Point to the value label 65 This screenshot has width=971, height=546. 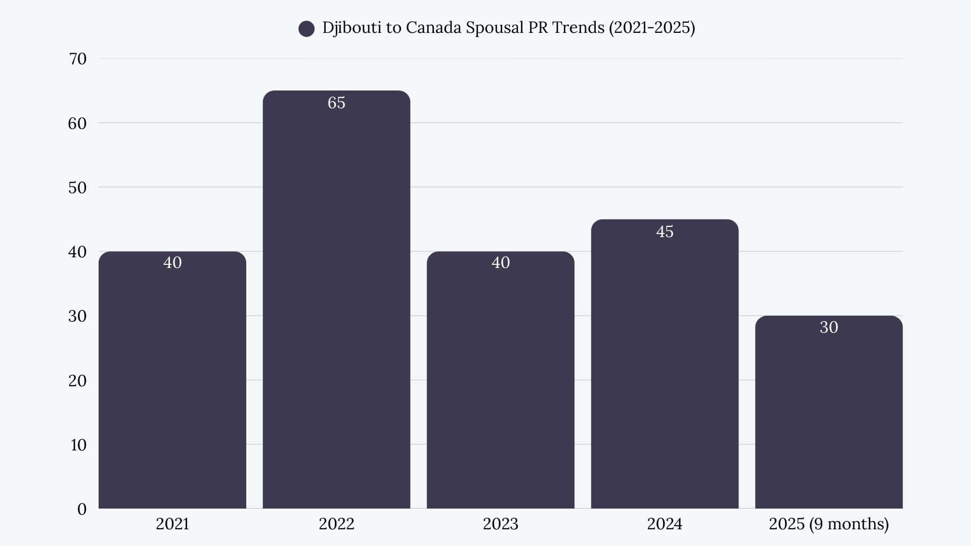pyautogui.click(x=336, y=103)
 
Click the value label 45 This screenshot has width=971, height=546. pyautogui.click(x=665, y=232)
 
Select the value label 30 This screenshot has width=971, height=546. pyautogui.click(x=828, y=327)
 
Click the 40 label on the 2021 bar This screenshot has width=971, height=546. pyautogui.click(x=172, y=262)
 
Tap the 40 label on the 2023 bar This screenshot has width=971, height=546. pyautogui.click(x=501, y=262)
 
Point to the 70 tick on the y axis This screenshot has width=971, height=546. pyautogui.click(x=77, y=59)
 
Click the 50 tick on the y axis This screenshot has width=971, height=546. pyautogui.click(x=77, y=188)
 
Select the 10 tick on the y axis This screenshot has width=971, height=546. pyautogui.click(x=78, y=445)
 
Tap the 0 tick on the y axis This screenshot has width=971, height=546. pyautogui.click(x=82, y=509)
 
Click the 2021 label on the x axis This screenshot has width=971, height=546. pyautogui.click(x=172, y=524)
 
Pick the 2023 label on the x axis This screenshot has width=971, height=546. pyautogui.click(x=501, y=524)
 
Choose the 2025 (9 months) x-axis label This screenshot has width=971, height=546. pyautogui.click(x=828, y=524)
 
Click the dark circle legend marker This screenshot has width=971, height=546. pyautogui.click(x=306, y=29)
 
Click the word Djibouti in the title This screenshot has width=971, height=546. pyautogui.click(x=352, y=27)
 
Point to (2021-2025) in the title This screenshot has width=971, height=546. pyautogui.click(x=651, y=27)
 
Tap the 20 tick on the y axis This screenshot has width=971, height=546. pyautogui.click(x=77, y=381)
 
